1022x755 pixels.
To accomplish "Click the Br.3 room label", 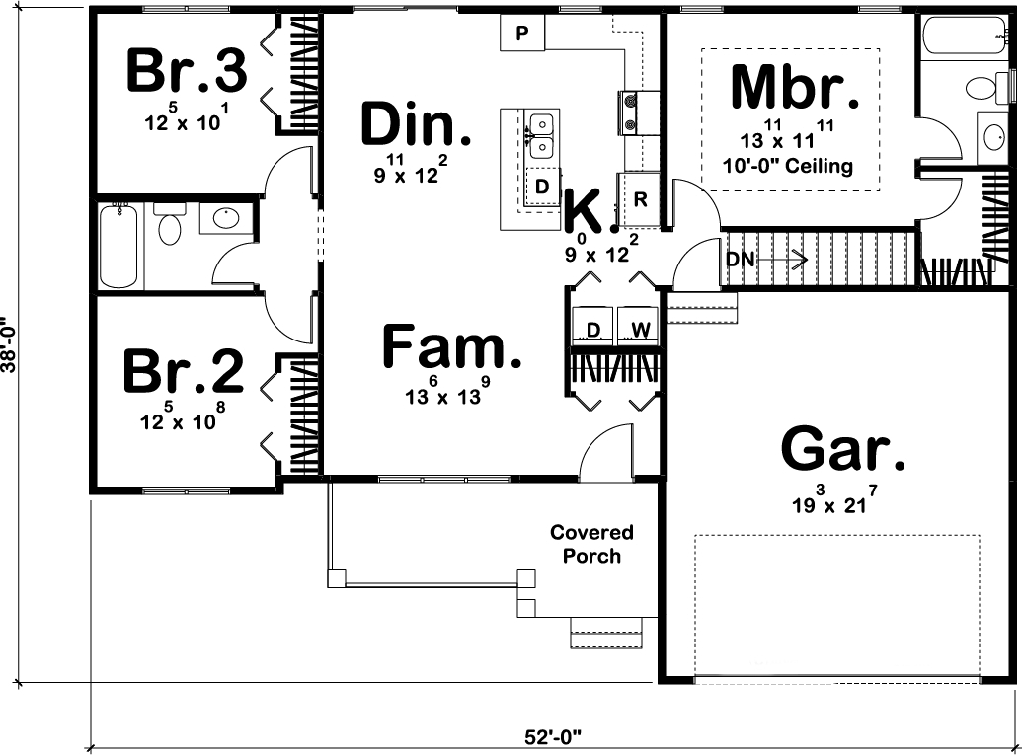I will (186, 71).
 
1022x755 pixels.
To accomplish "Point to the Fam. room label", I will (451, 348).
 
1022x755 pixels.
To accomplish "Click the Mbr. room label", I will (794, 89).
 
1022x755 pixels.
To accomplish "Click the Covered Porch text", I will (591, 544).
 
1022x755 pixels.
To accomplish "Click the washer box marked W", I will (640, 329).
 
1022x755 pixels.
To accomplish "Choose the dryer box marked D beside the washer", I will (593, 329).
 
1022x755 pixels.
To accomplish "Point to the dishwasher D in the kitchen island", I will (542, 187).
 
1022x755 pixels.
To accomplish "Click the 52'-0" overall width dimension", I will (554, 736).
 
